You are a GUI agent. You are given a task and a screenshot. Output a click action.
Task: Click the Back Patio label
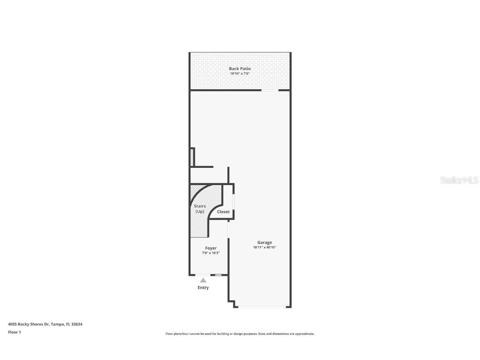click(x=240, y=69)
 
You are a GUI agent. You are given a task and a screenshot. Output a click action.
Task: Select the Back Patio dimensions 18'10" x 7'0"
click(x=240, y=74)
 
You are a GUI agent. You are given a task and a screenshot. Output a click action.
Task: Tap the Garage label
click(x=265, y=242)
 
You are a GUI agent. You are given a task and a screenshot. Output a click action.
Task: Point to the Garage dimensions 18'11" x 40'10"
click(x=265, y=247)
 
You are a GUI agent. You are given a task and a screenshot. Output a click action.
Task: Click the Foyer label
click(x=211, y=248)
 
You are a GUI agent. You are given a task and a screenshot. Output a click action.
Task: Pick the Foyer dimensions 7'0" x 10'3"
click(x=211, y=253)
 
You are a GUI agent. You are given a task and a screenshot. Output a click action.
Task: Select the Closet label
click(x=223, y=212)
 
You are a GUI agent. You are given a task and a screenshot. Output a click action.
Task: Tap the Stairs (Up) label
click(x=200, y=209)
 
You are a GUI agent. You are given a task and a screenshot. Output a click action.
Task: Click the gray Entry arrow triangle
click(x=203, y=280)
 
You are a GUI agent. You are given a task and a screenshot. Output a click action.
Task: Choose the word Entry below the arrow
click(x=203, y=287)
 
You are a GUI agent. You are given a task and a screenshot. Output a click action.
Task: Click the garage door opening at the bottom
click(x=262, y=307)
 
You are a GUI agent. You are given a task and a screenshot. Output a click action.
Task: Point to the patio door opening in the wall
click(x=270, y=90)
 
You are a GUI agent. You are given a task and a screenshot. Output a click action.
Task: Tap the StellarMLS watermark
click(x=460, y=180)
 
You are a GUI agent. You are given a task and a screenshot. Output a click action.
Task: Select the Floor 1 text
click(x=14, y=332)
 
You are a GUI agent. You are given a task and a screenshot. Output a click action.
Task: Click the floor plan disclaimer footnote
click(x=240, y=334)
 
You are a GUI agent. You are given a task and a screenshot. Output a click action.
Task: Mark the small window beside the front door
click(x=218, y=275)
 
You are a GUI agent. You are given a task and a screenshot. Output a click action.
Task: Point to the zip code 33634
click(x=77, y=324)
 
